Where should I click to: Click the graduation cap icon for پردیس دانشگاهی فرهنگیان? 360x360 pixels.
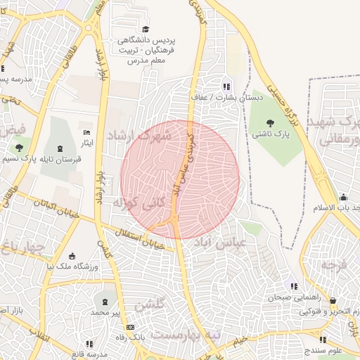[x=146, y=29]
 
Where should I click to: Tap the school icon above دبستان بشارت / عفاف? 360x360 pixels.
[x=226, y=86]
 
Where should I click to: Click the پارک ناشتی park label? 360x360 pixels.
[x=263, y=133]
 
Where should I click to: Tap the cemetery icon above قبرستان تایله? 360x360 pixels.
[x=60, y=148]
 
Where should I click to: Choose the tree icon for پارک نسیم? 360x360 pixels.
[x=19, y=148]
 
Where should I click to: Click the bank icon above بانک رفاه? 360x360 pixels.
[x=129, y=328]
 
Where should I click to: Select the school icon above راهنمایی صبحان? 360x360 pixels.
[x=294, y=286]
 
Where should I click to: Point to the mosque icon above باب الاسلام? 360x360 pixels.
[x=342, y=197]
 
